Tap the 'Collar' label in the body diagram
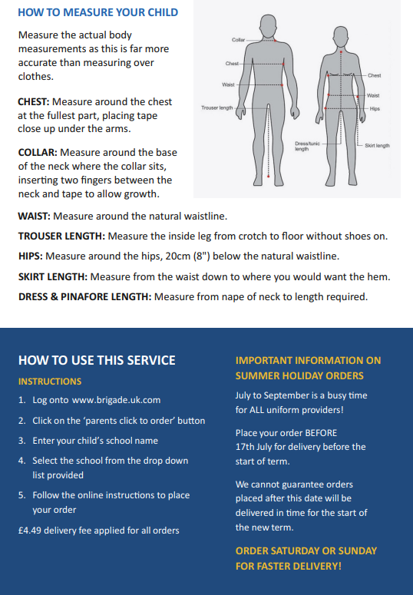pyautogui.click(x=239, y=39)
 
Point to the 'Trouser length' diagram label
pyautogui.click(x=216, y=108)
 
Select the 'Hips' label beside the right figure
pyautogui.click(x=375, y=109)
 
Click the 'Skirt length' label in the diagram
pyautogui.click(x=377, y=145)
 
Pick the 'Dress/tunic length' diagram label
pyautogui.click(x=307, y=146)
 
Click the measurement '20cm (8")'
pyautogui.click(x=217, y=256)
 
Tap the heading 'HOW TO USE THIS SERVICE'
pyautogui.click(x=97, y=360)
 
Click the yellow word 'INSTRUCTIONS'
pyautogui.click(x=49, y=381)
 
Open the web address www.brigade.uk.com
pyautogui.click(x=116, y=400)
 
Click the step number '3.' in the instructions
pyautogui.click(x=21, y=441)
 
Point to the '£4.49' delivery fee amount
pyautogui.click(x=30, y=530)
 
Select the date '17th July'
pyautogui.click(x=259, y=446)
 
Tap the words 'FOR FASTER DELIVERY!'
pyautogui.click(x=288, y=566)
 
